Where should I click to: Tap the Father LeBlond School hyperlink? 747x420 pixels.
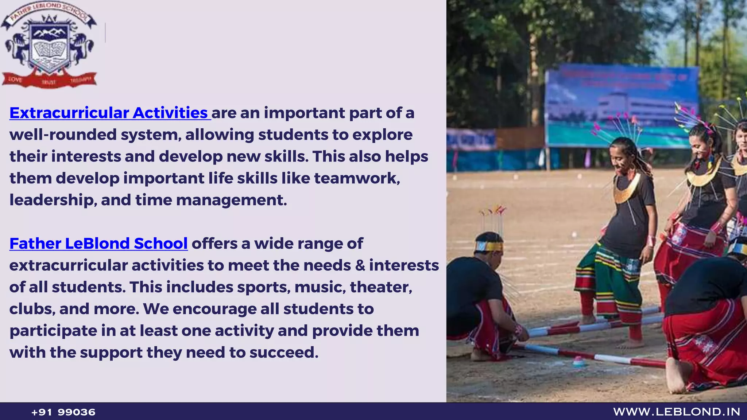click(x=98, y=244)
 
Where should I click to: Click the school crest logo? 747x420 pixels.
click(x=49, y=46)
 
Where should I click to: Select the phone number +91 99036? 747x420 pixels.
click(x=63, y=412)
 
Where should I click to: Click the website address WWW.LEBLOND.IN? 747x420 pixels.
click(x=677, y=412)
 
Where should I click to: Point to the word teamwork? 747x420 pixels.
click(x=357, y=178)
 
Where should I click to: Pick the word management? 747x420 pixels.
click(x=231, y=200)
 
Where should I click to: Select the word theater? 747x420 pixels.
click(x=381, y=287)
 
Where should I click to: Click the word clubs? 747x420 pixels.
click(x=32, y=309)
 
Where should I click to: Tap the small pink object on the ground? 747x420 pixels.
click(x=578, y=361)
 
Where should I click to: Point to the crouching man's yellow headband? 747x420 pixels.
click(x=489, y=247)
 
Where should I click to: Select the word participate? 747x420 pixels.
click(x=53, y=331)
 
